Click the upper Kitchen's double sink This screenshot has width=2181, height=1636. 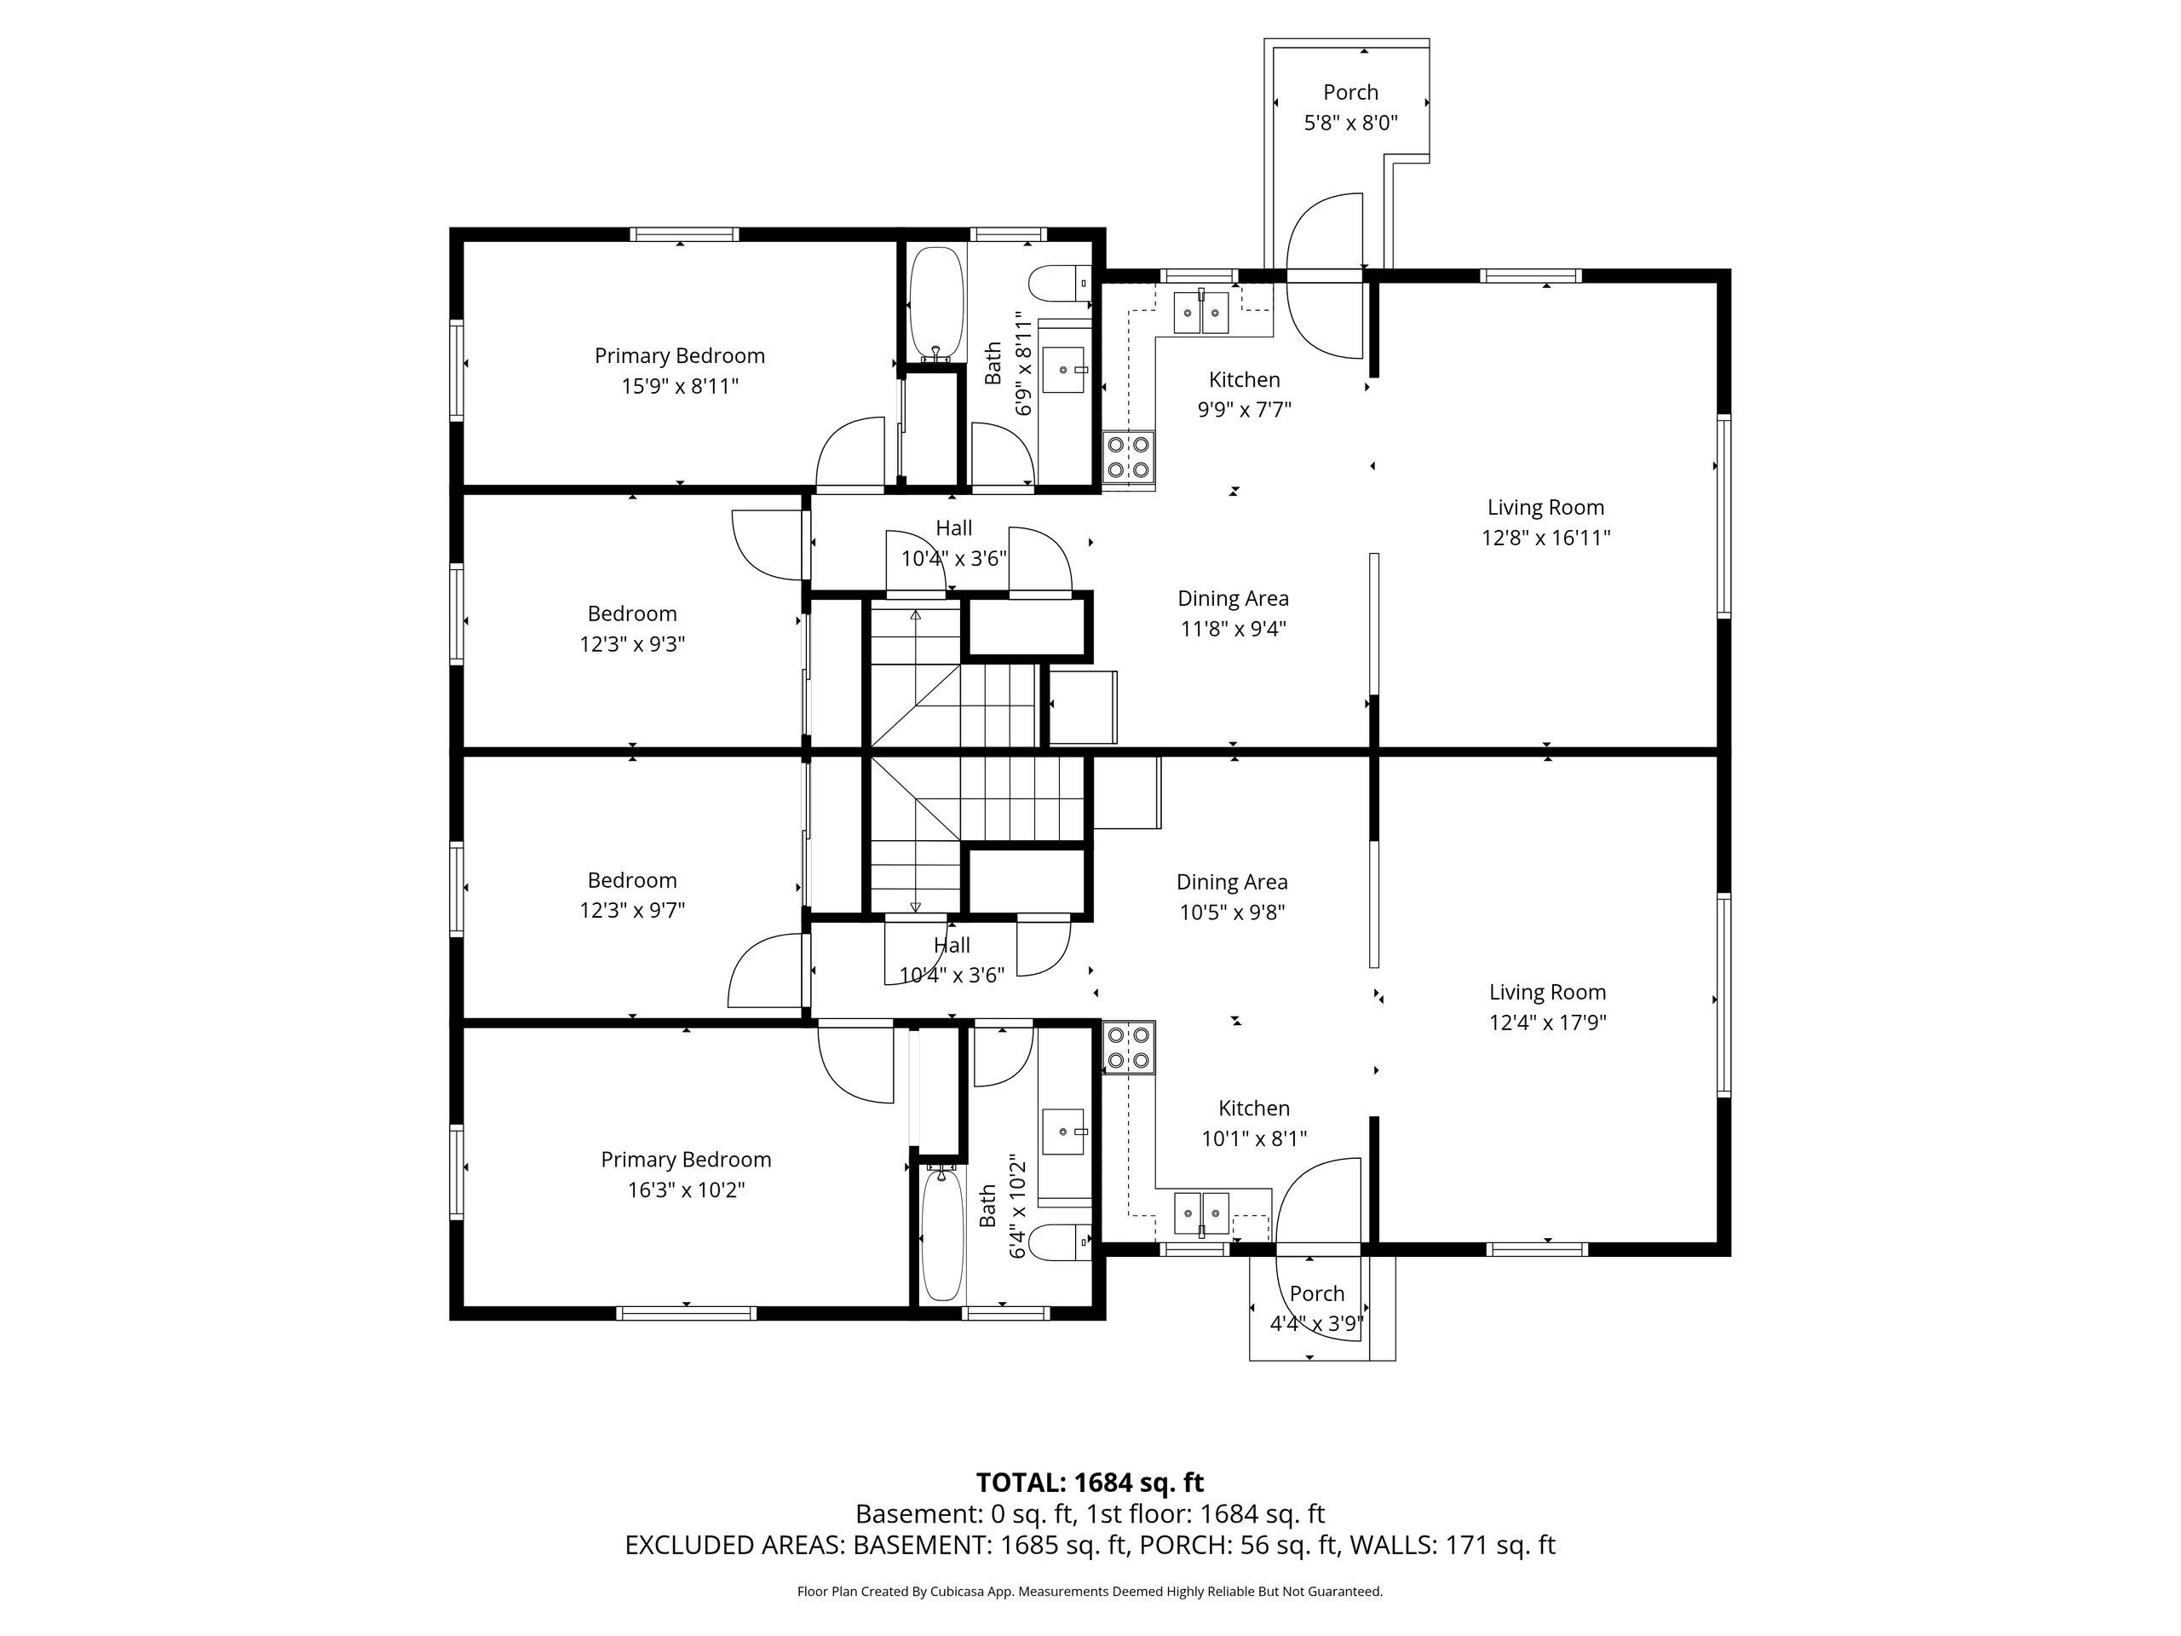[1201, 313]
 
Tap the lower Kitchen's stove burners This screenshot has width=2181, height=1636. [1129, 1048]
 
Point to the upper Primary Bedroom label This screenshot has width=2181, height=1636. [679, 356]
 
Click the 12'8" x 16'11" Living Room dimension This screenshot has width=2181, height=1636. [1546, 538]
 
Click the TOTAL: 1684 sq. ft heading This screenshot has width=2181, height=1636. [1090, 1482]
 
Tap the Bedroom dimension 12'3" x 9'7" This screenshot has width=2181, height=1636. [632, 910]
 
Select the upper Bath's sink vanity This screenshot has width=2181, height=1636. [1065, 369]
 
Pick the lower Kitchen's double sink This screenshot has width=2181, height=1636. [1202, 1214]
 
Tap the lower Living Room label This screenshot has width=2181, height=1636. [1547, 992]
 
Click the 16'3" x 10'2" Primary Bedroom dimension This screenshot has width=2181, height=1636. [686, 1190]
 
